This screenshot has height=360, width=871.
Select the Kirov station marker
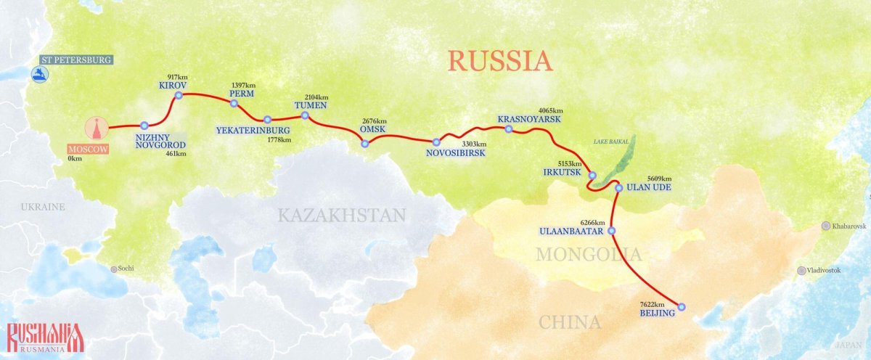179,95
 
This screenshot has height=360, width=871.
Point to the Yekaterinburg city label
248,131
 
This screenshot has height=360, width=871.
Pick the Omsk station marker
365,144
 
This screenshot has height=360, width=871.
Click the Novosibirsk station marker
436,142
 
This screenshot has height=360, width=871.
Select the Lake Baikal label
610,142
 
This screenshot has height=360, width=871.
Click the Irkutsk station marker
592,176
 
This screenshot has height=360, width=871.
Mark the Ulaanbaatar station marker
612,231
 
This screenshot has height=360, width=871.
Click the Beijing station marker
681,306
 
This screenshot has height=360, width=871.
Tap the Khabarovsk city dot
825,226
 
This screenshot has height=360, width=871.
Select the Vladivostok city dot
801,271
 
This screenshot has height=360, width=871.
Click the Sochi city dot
113,269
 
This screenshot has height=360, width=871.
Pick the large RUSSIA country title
499,60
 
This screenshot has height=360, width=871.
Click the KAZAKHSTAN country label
340,215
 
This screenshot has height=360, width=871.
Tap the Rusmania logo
45,337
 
